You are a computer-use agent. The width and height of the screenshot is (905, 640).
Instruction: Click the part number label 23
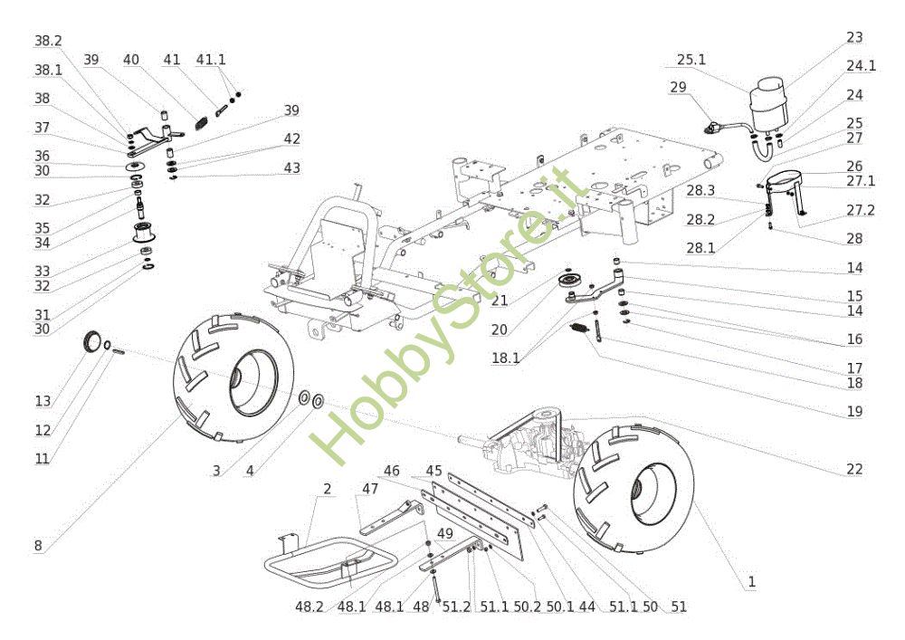[x=854, y=38]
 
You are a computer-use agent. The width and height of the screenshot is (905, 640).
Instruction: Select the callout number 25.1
[x=691, y=61]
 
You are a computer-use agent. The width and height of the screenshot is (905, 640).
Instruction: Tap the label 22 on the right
[x=854, y=469]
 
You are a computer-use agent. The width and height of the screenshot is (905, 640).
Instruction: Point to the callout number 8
[x=38, y=545]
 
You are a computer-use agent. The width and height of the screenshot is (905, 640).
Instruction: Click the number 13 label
[x=43, y=401]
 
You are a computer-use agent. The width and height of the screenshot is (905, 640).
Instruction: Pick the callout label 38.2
[x=48, y=42]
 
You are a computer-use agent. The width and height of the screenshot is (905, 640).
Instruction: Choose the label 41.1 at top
[x=211, y=60]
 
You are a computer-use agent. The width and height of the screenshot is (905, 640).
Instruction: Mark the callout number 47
[x=369, y=489]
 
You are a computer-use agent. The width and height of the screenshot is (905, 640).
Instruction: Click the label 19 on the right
[x=854, y=412]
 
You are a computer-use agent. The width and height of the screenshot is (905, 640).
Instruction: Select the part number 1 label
[x=751, y=581]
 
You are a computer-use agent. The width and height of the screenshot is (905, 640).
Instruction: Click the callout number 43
[x=291, y=168]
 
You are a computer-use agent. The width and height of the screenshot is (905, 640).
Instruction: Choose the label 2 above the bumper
[x=327, y=489]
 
